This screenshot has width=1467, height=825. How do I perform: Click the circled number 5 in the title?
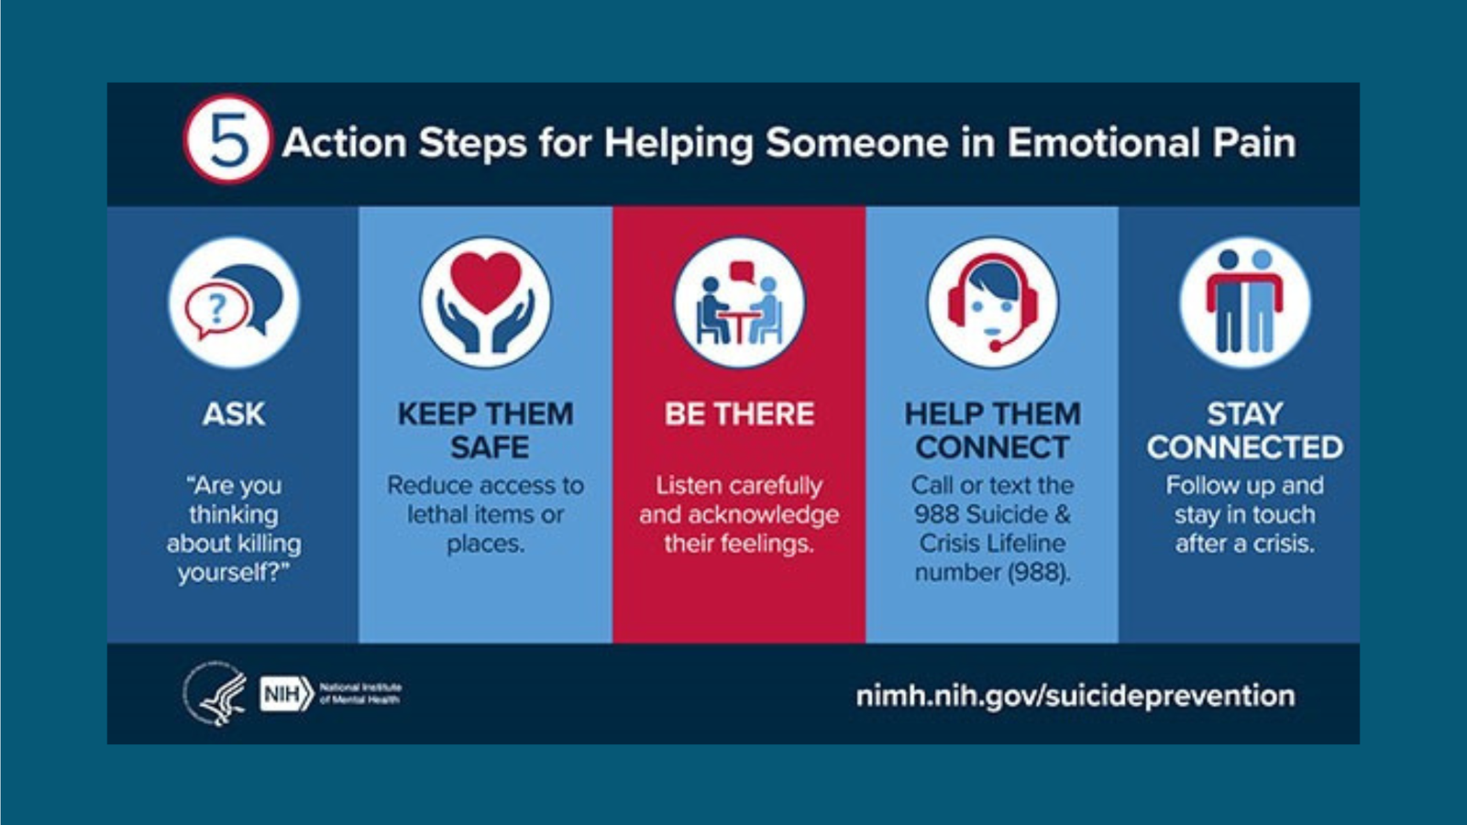(227, 139)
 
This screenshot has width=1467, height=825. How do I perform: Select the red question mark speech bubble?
(216, 309)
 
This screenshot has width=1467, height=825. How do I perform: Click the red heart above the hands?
(486, 281)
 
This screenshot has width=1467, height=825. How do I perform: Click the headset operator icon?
(992, 302)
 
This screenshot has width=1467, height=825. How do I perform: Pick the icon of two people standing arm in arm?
(1245, 302)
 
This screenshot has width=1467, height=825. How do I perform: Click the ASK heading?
(234, 414)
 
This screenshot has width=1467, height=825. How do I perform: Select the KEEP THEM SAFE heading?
(486, 431)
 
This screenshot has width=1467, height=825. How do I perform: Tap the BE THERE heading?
(739, 414)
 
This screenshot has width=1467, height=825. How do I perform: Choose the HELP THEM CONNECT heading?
(993, 431)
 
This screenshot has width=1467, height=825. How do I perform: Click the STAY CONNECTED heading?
(1245, 431)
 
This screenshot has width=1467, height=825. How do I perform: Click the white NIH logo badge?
(287, 694)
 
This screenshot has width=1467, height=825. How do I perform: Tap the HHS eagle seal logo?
(215, 694)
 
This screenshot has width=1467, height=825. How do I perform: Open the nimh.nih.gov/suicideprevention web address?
(1075, 696)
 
